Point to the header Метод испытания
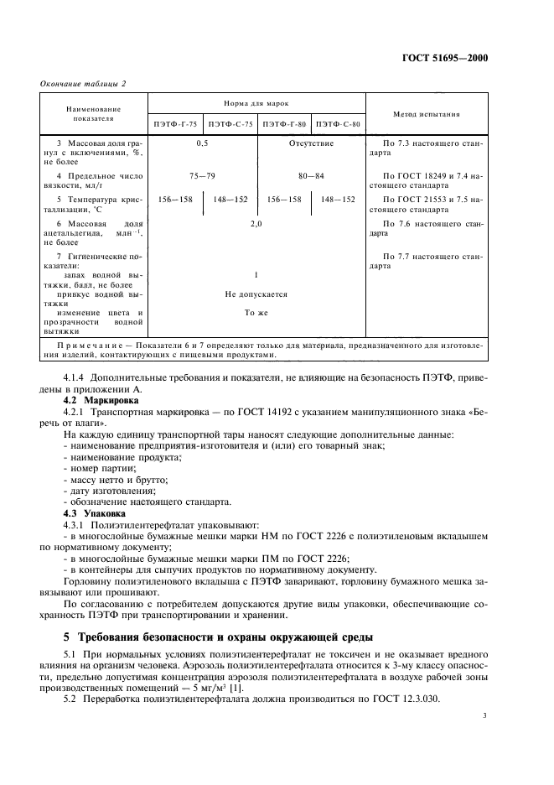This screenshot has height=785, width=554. [x=426, y=113]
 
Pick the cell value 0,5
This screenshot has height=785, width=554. [x=202, y=144]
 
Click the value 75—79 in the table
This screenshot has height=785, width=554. [x=202, y=176]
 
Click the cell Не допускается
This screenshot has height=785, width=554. [x=256, y=294]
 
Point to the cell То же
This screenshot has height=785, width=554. [x=256, y=312]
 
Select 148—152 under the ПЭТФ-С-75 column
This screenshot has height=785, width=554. [x=229, y=200]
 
